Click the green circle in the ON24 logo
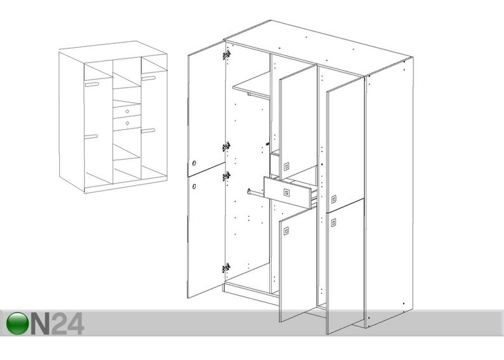pos(17,323)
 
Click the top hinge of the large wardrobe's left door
pos(227,55)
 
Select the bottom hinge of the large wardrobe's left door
pos(227,268)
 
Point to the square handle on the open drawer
pos(286,193)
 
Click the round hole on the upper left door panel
pos(194,163)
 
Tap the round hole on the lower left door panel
pos(194,186)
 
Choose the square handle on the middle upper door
pos(286,167)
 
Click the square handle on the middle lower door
pos(286,231)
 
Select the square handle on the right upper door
pos(334,199)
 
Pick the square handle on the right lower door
pos(334,222)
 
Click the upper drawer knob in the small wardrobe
pos(127,111)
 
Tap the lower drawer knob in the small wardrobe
pos(127,123)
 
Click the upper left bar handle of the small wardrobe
pos(92,85)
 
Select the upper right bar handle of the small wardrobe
pos(148,78)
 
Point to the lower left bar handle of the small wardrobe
pos(91,137)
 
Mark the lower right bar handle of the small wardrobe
pos(148,130)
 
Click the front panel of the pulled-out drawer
pos(287,192)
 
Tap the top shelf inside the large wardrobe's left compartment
pos(251,85)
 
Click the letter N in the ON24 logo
pos(40,324)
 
